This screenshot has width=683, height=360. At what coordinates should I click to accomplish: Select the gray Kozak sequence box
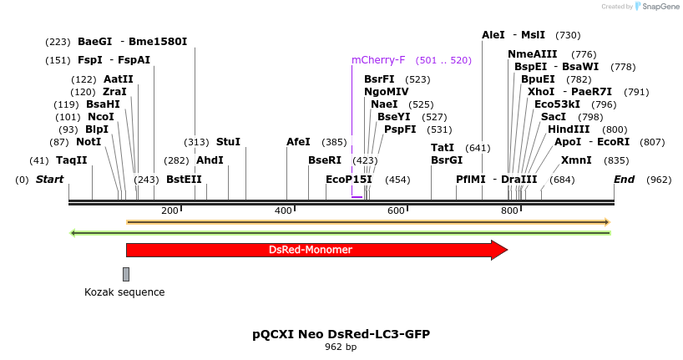click(x=126, y=274)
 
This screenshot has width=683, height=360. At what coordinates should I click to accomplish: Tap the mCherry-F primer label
click(x=378, y=60)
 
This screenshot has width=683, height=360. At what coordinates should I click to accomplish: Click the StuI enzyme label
click(x=228, y=142)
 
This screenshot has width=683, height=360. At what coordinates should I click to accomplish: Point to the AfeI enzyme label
click(x=298, y=142)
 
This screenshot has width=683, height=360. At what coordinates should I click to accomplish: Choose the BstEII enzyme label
click(x=184, y=180)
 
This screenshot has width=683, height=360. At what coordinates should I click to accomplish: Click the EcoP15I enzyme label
click(x=349, y=180)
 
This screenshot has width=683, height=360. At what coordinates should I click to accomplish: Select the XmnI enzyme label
click(x=576, y=160)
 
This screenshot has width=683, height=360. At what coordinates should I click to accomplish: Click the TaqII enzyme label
click(x=72, y=160)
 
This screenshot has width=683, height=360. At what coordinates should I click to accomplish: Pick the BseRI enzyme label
click(x=325, y=160)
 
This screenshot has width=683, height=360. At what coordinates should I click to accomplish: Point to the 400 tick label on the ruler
click(x=284, y=210)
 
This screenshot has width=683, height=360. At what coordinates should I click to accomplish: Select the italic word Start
click(x=49, y=180)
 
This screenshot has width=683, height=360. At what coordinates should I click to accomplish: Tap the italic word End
click(x=625, y=180)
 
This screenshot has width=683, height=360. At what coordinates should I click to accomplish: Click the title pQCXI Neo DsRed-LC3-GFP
click(x=341, y=334)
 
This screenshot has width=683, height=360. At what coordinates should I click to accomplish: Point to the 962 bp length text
click(x=341, y=347)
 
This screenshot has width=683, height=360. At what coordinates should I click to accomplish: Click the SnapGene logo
click(x=654, y=7)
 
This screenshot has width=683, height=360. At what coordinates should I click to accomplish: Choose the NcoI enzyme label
click(x=100, y=117)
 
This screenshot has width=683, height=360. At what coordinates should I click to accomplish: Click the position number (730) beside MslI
click(x=568, y=35)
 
